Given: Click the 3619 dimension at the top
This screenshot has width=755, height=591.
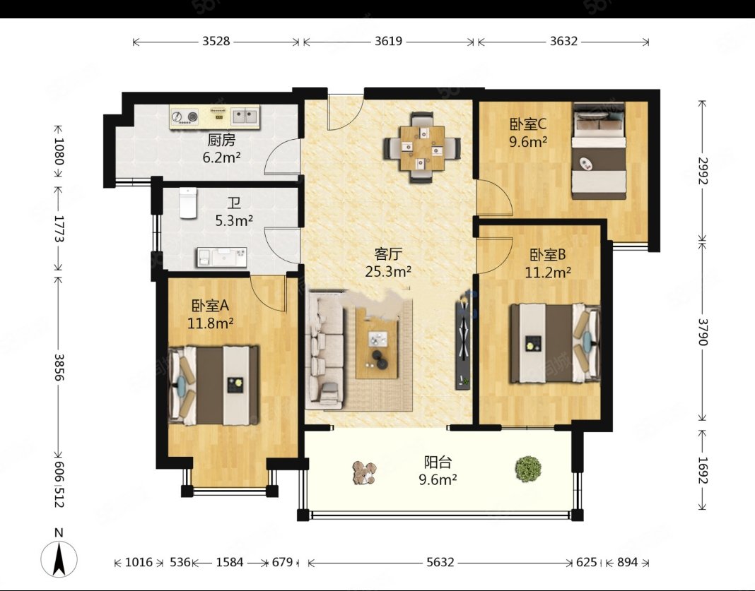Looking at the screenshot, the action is point(389,42).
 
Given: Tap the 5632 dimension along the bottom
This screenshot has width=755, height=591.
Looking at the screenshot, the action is point(440,562).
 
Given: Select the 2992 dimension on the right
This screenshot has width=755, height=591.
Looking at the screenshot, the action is point(703,171).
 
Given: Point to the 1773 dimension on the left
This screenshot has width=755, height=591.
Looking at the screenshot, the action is point(59,228).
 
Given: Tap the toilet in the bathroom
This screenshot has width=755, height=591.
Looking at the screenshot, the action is point(188,203).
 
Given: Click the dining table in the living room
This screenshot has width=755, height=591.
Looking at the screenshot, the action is point(422,147).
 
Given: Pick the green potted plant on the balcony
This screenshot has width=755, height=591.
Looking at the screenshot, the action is point(528,467).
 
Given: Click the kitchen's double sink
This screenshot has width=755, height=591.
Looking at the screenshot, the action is point(245,116).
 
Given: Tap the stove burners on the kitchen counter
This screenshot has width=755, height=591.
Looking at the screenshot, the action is point(185,117).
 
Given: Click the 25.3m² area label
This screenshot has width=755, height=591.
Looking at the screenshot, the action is point(388,272).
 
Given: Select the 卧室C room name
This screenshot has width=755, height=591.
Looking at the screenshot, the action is point(528,124).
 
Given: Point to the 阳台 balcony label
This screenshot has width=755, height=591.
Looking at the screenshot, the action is point(438,462).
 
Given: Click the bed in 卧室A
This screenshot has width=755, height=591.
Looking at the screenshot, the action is point(213,385).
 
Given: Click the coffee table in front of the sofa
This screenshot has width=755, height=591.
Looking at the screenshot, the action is point(377,342).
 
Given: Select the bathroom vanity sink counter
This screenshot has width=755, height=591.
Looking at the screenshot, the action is point(221,257).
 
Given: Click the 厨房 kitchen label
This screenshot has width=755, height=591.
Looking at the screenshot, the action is point(221,140).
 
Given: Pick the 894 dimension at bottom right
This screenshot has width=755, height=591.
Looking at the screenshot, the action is point(627,562).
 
